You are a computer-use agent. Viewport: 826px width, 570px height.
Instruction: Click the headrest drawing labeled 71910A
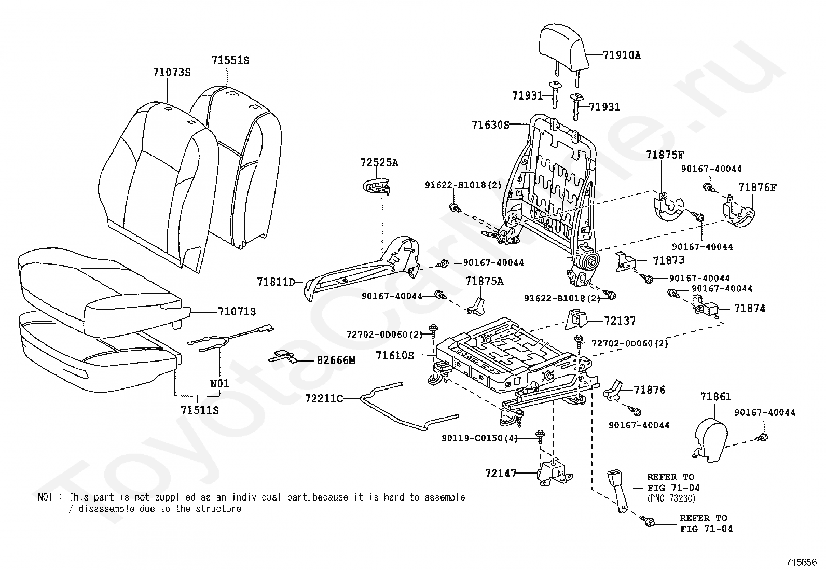pyautogui.click(x=562, y=48)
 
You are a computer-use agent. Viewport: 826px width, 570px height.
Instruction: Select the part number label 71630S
pyautogui.click(x=490, y=125)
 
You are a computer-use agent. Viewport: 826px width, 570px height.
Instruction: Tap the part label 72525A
pyautogui.click(x=379, y=162)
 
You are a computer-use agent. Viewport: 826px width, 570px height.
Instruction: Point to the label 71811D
pyautogui.click(x=276, y=282)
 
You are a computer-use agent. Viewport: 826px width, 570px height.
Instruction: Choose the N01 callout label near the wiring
pyautogui.click(x=220, y=383)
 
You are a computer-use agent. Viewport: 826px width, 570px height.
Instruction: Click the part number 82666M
pyautogui.click(x=336, y=360)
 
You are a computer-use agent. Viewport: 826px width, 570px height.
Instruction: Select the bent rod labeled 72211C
pyautogui.click(x=409, y=406)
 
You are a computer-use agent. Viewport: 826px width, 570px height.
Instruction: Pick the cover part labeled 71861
pyautogui.click(x=711, y=441)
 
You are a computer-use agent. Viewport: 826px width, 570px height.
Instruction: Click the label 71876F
pyautogui.click(x=758, y=188)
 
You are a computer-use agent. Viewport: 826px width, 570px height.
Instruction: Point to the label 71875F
pyautogui.click(x=665, y=155)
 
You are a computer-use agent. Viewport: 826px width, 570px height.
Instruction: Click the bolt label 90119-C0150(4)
pyautogui.click(x=480, y=438)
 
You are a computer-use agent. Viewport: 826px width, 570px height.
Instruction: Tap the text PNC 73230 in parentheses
pyautogui.click(x=671, y=498)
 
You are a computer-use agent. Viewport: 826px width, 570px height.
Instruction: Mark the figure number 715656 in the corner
pyautogui.click(x=801, y=562)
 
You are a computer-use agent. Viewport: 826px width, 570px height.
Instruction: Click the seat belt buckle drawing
pyautogui.click(x=617, y=492)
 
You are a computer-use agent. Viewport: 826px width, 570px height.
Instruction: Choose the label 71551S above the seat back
pyautogui.click(x=230, y=60)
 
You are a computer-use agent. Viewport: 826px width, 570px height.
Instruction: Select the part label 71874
pyautogui.click(x=750, y=308)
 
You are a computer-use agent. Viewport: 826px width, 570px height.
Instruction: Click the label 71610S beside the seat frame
pyautogui.click(x=394, y=355)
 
